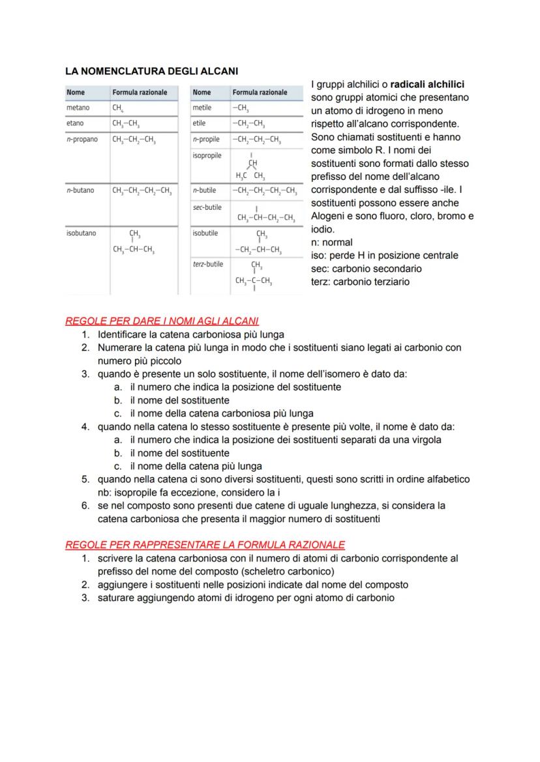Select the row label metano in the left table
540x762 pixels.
point(78,108)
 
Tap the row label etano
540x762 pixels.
point(75,123)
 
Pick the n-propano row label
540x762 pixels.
point(82,139)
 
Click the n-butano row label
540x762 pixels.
point(80,190)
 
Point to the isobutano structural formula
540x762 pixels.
point(135,242)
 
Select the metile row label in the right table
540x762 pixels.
point(202,108)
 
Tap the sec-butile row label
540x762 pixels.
point(207,207)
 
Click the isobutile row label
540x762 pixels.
point(205,233)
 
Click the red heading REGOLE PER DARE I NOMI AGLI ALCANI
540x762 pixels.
point(162,321)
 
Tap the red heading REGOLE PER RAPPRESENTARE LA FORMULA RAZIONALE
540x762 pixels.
point(205,544)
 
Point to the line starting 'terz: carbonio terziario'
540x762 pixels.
point(361,282)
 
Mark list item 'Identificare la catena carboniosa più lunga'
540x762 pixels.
point(190,334)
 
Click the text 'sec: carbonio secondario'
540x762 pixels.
point(367,269)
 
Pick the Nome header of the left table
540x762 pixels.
point(76,93)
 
